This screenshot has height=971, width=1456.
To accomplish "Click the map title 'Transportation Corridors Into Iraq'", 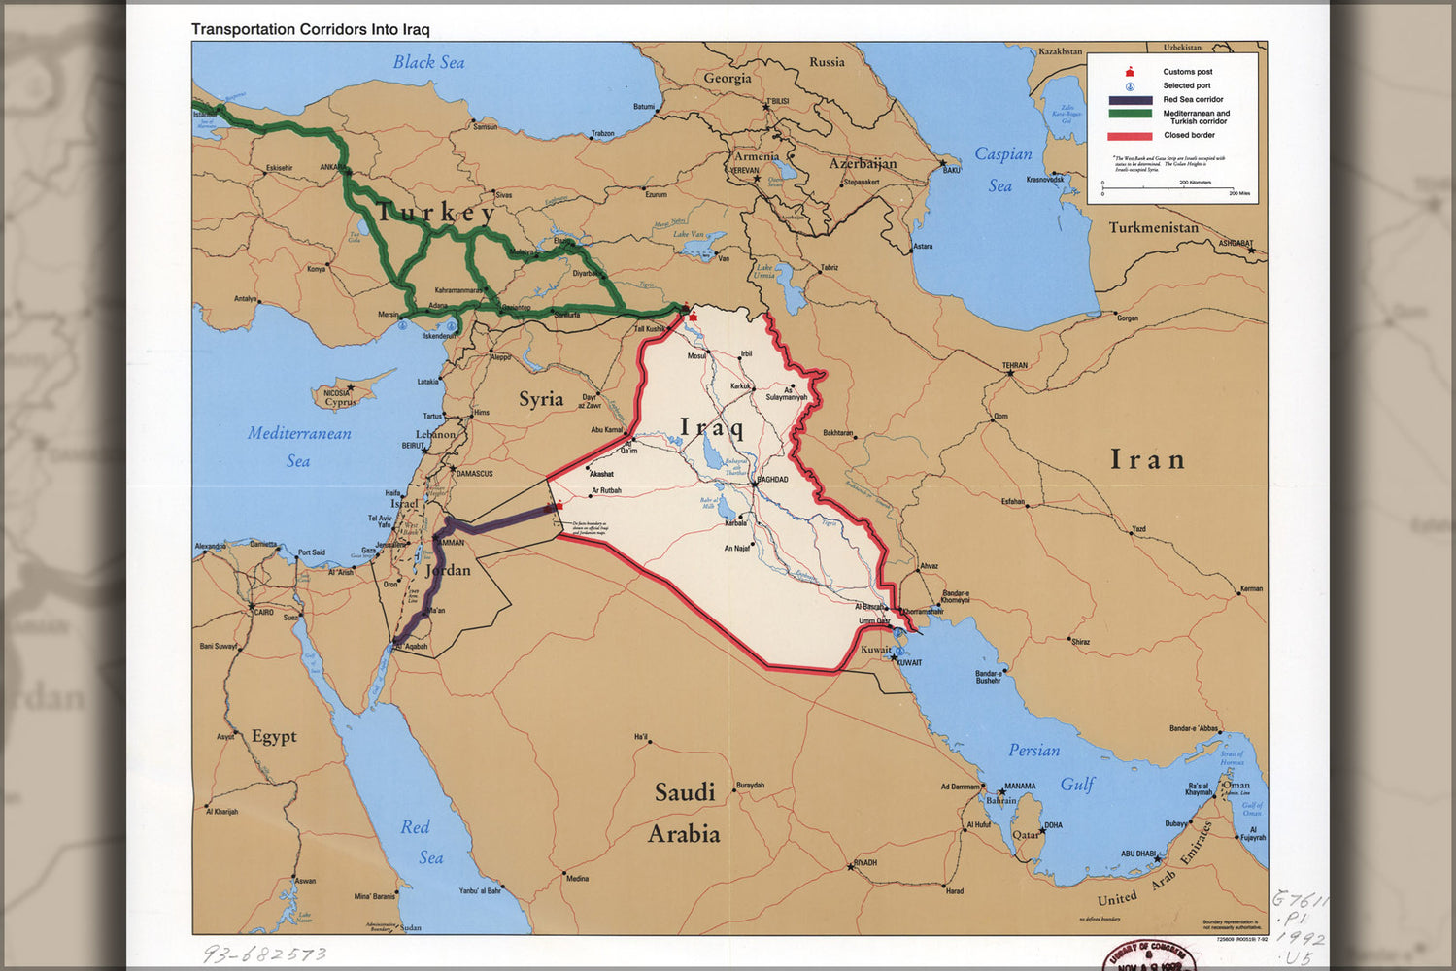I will (310, 29).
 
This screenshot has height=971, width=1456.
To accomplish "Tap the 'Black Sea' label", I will (428, 62).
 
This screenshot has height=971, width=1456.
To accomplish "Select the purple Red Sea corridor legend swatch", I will (1130, 100).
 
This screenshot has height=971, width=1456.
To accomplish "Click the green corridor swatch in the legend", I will (1130, 115).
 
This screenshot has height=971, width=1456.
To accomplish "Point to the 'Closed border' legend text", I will (1189, 135).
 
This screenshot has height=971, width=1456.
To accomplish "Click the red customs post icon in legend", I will (1130, 72).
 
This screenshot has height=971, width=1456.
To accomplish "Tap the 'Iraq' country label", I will (711, 427).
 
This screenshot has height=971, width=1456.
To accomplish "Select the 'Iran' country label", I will (1147, 459).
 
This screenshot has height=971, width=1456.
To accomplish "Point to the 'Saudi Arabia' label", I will (685, 813).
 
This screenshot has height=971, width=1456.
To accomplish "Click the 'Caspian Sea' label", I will (1002, 169).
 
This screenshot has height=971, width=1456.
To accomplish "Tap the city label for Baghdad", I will (772, 480).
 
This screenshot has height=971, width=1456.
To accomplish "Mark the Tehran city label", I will (1015, 366).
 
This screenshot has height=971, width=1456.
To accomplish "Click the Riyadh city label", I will (864, 862).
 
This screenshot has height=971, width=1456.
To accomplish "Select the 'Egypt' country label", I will (274, 736).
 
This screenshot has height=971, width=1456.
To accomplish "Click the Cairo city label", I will (263, 613).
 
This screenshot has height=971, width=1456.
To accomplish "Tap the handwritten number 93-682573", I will (264, 954).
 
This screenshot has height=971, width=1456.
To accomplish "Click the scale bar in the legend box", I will (1168, 188).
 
